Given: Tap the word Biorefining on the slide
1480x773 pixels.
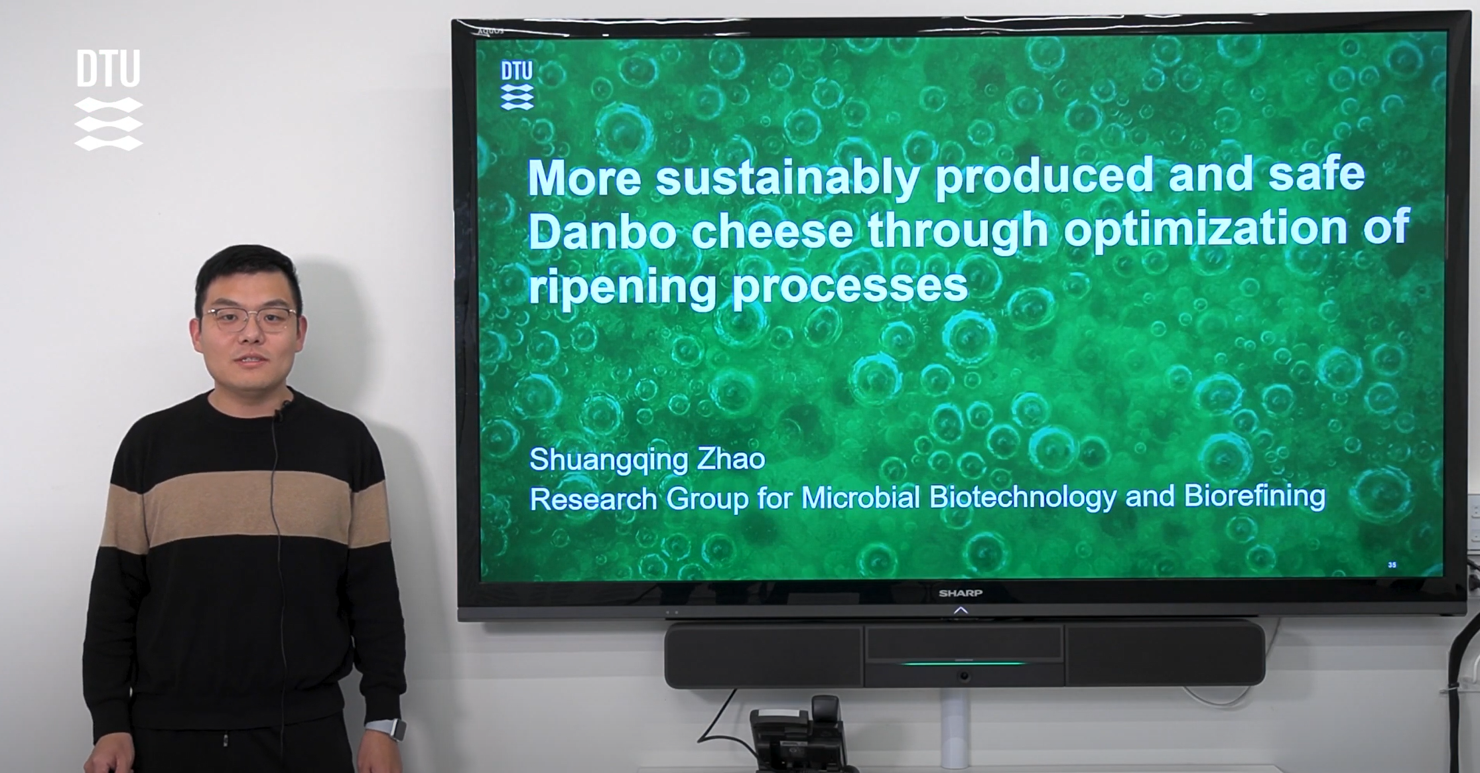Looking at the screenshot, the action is pyautogui.click(x=1254, y=496).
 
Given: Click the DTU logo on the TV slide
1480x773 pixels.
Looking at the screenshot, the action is pyautogui.click(x=517, y=85).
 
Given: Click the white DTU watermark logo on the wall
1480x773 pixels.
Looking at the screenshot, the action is pyautogui.click(x=108, y=100).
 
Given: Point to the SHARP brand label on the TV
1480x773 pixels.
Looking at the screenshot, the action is pyautogui.click(x=961, y=593).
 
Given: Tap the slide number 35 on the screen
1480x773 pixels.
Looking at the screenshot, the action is pyautogui.click(x=1392, y=565).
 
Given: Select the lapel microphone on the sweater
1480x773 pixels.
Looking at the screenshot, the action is pyautogui.click(x=283, y=407).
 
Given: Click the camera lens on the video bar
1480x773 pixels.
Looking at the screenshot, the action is pyautogui.click(x=964, y=675).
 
